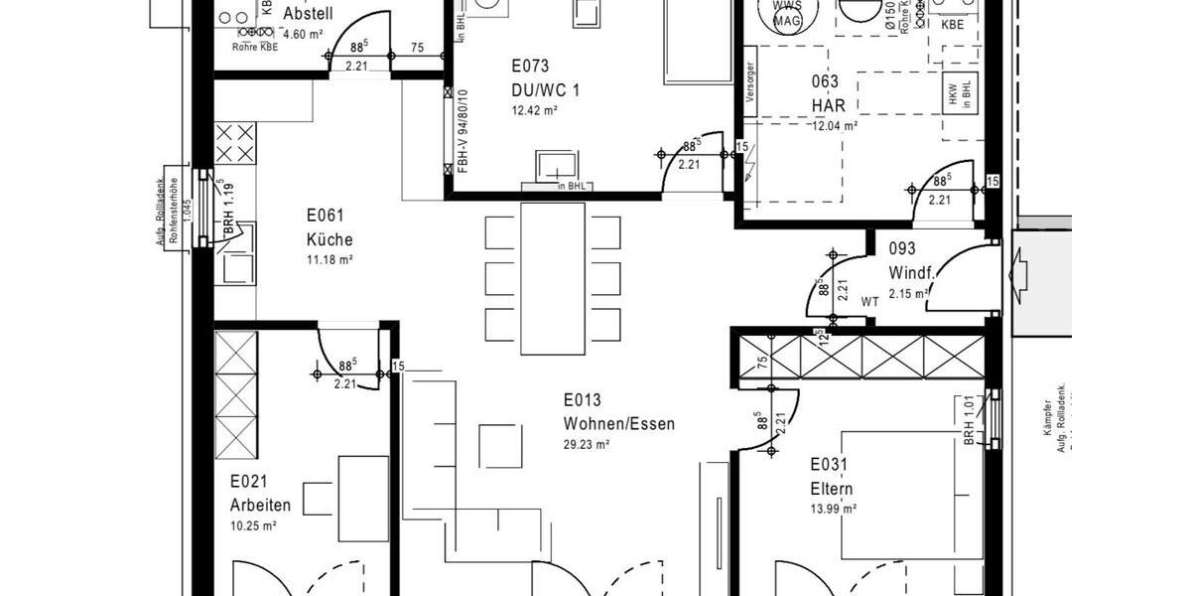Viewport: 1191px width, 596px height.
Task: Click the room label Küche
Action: point(330,239)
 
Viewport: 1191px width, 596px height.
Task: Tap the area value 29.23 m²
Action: point(587,445)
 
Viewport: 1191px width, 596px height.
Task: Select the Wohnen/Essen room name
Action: point(619,424)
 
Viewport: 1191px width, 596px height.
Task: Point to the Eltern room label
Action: point(832,489)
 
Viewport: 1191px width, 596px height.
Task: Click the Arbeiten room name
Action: point(260,505)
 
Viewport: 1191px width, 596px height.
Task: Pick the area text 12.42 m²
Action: point(534,110)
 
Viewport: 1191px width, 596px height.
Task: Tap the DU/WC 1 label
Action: point(546,90)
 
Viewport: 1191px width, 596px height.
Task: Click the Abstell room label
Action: point(308,14)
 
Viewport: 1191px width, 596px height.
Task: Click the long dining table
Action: point(553,278)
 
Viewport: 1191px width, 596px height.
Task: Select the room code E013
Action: point(584,401)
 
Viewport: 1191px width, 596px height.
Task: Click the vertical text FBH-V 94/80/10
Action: point(463,129)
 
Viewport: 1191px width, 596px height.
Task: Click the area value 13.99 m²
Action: point(833,509)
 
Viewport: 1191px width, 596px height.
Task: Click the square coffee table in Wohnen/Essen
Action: point(500,445)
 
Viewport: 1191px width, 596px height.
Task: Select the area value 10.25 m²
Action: point(252,525)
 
